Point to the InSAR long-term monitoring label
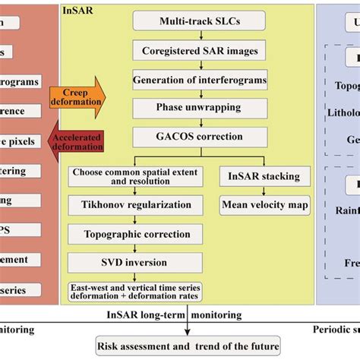tap(176, 314)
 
